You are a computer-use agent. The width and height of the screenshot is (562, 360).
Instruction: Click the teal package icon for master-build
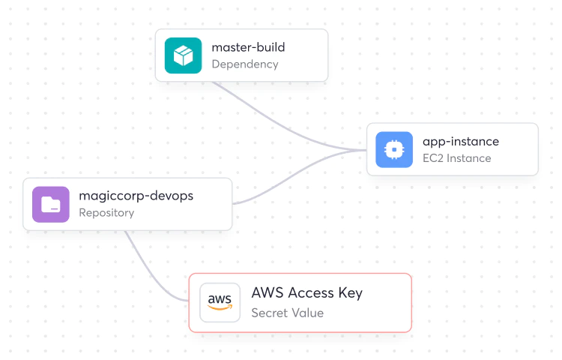tap(184, 55)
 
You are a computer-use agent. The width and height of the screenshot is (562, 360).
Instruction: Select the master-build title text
tap(248, 47)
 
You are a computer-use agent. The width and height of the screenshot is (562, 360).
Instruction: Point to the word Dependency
tap(244, 64)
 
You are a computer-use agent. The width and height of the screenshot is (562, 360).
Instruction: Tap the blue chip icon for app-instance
tap(394, 149)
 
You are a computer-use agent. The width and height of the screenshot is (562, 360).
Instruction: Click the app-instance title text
tap(460, 141)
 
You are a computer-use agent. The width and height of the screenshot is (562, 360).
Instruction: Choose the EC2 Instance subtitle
tap(456, 158)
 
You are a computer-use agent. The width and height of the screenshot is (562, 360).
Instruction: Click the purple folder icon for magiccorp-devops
tap(51, 204)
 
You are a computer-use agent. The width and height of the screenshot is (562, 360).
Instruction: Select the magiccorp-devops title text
tap(136, 196)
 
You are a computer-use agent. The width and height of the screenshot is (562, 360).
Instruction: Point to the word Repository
tap(106, 213)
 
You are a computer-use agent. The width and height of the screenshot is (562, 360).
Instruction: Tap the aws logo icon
tap(220, 302)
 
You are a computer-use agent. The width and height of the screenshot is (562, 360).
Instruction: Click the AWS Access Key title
tap(306, 293)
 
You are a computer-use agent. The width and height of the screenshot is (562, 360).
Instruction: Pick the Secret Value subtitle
tap(287, 313)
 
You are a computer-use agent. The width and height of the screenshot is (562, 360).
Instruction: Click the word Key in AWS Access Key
tap(349, 293)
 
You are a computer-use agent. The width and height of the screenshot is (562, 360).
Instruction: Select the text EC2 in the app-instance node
tap(432, 158)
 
